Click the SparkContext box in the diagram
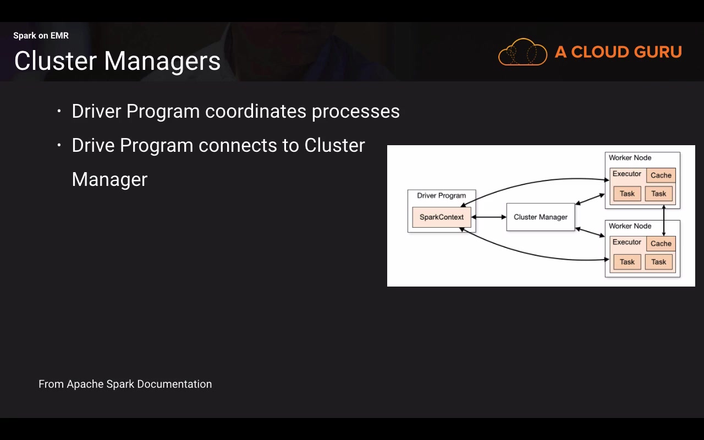442,217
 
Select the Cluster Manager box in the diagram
540,217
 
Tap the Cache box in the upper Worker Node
661,175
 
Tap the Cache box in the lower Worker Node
661,244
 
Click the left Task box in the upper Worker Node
627,194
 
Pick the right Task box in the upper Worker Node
658,194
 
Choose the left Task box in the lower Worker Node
627,262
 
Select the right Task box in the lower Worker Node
658,262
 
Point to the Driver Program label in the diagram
441,195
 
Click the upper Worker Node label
630,158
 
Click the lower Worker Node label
630,226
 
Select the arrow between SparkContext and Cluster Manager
488,217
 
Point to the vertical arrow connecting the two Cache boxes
664,220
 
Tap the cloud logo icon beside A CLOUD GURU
522,52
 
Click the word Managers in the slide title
162,61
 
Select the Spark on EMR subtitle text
41,36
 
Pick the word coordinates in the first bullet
256,111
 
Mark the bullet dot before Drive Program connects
59,146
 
